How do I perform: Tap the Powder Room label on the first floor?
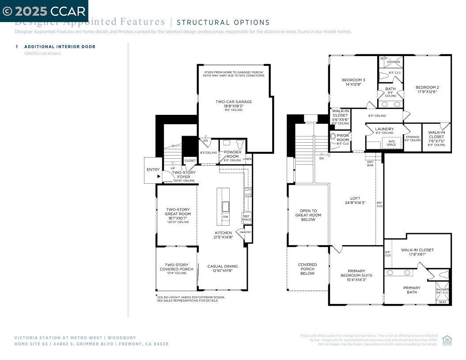point(232,154)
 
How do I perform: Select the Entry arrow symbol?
point(159,176)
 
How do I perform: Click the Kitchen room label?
point(223,233)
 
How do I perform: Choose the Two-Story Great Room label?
point(178,214)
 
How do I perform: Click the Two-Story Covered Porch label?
point(177,267)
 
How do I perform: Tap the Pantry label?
point(245,232)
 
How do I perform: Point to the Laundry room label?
point(384,129)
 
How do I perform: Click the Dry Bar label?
point(370,163)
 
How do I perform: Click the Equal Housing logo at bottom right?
point(447,340)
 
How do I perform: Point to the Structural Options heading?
point(223,23)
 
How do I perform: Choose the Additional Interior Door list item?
point(60,46)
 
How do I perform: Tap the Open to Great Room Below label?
point(308,215)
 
